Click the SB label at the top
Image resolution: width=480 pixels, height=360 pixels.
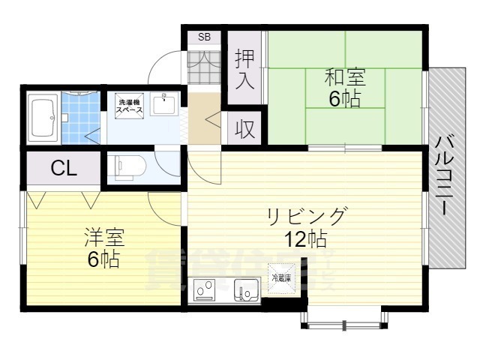204,37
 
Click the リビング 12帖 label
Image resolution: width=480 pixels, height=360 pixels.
307,229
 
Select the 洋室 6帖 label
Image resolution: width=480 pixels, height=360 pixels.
103,250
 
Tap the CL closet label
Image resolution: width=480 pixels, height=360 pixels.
63,169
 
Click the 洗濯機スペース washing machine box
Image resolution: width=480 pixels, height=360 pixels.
126,106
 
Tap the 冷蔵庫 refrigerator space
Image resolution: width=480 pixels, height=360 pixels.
282,279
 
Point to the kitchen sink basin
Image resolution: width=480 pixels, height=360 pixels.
244,289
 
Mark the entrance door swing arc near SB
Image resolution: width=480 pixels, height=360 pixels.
165,69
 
